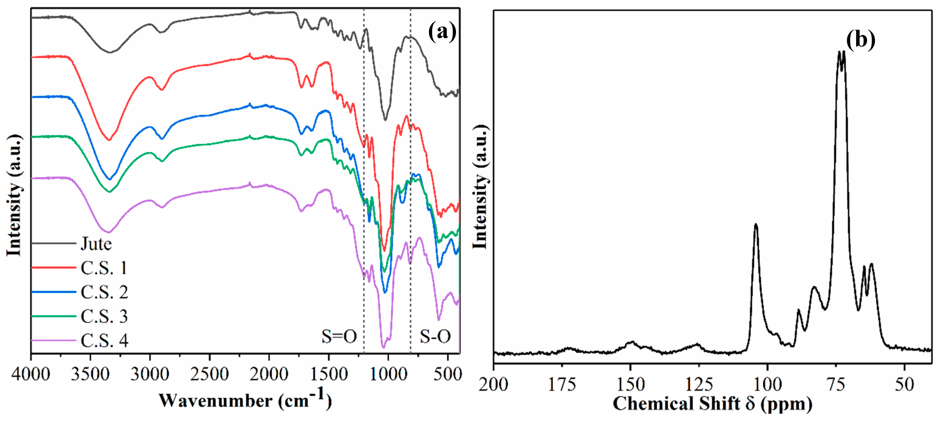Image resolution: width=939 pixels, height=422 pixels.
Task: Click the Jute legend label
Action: click(x=96, y=244)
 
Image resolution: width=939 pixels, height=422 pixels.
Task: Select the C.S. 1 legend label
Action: click(x=104, y=268)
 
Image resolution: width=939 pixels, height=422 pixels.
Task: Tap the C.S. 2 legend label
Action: click(x=104, y=292)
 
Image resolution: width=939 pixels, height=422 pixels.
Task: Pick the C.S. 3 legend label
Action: click(x=104, y=316)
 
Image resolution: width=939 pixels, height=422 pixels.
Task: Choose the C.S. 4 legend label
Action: click(x=104, y=341)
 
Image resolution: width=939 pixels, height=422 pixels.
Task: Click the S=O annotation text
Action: click(x=339, y=336)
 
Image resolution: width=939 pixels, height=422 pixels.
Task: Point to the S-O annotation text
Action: click(x=435, y=336)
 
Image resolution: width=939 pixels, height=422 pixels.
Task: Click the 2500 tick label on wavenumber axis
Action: click(x=209, y=374)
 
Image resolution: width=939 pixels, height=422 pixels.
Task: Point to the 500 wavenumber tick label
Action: click(x=447, y=374)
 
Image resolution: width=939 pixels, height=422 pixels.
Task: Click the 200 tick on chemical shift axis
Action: click(x=493, y=385)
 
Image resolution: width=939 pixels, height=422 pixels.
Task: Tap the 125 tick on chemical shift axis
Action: click(x=699, y=385)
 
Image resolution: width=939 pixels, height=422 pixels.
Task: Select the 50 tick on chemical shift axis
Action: click(x=904, y=385)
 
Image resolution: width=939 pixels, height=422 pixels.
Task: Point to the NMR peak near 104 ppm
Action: click(x=756, y=225)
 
